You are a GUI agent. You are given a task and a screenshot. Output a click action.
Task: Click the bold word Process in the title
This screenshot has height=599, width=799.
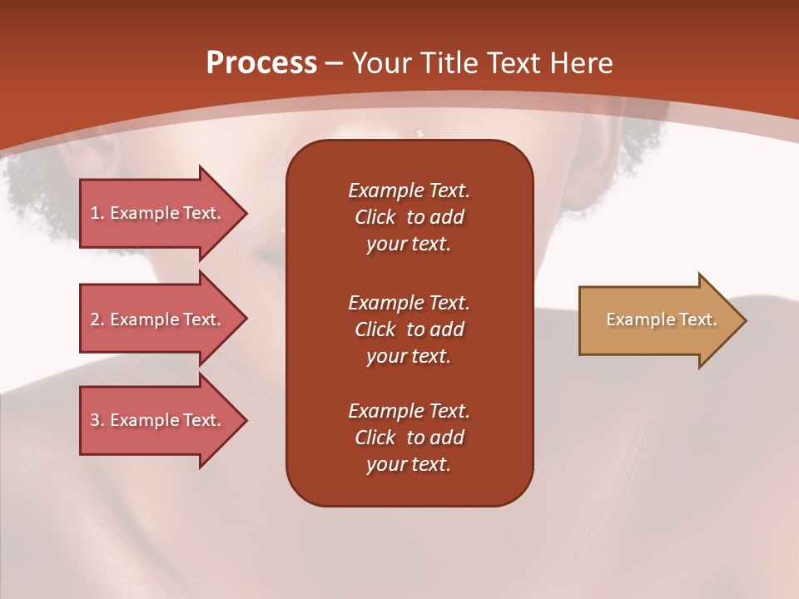[x=261, y=63]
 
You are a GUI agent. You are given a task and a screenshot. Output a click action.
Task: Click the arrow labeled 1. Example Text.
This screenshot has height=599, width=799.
[x=158, y=213]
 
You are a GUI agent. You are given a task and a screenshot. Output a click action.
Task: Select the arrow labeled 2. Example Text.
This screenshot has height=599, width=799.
[x=158, y=319]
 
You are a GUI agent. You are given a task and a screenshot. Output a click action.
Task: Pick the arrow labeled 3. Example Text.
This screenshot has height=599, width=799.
[x=158, y=420]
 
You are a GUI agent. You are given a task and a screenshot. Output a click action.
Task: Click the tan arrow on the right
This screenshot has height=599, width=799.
[x=658, y=319]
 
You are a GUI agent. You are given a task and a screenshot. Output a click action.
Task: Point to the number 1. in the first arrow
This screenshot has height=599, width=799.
[x=97, y=213]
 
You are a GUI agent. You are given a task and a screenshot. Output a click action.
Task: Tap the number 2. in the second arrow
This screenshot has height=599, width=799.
[x=97, y=319]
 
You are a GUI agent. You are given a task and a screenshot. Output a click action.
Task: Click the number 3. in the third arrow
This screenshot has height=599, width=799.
[x=97, y=420]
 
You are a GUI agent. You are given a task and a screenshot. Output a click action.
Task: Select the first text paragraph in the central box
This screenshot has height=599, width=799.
[x=409, y=217]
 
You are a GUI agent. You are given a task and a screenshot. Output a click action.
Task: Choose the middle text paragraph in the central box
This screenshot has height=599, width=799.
[x=409, y=329]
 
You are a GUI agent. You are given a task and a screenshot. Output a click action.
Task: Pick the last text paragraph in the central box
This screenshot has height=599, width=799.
[x=409, y=438]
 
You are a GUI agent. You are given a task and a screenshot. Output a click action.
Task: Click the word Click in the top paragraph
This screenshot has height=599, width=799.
[x=375, y=217]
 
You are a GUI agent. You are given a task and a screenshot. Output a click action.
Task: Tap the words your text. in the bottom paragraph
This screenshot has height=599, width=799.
[x=409, y=464]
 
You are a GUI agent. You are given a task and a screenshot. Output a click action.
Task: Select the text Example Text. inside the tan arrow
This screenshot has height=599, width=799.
[x=662, y=319]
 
